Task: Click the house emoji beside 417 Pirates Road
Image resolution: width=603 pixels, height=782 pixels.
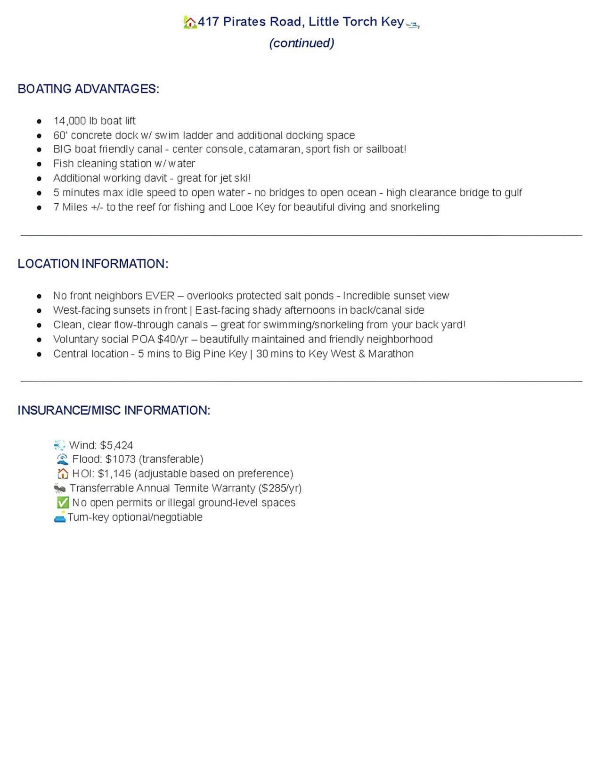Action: [190, 22]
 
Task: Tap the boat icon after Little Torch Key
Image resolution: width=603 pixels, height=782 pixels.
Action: [413, 25]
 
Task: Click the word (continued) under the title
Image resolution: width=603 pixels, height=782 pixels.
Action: [301, 43]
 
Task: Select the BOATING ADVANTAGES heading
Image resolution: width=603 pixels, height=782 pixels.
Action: [88, 89]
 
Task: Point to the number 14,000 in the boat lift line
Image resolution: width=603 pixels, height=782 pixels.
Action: [70, 121]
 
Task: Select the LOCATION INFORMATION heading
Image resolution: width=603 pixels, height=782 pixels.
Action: [93, 264]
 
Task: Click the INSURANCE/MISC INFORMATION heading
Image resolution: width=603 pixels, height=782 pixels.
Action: [114, 410]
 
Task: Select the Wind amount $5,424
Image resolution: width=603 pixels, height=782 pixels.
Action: [116, 445]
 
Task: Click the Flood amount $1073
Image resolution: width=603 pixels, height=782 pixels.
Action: [120, 459]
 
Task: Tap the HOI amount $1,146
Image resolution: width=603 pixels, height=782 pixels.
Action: [114, 474]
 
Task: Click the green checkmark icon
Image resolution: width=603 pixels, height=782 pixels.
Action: [63, 503]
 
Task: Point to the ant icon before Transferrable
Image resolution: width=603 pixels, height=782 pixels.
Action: [60, 488]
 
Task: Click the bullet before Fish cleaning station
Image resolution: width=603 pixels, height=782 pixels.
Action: [40, 164]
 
